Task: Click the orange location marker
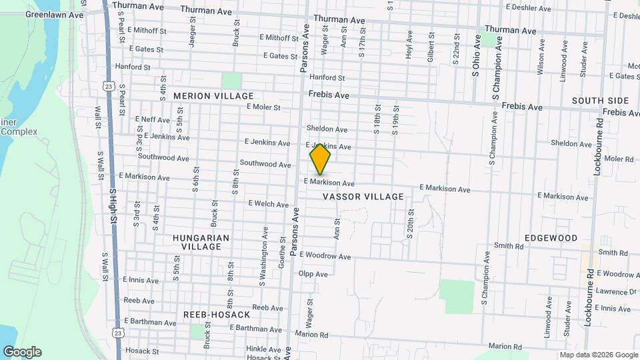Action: [321, 158]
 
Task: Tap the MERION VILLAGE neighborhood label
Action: [205, 96]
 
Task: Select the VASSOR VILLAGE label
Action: [363, 197]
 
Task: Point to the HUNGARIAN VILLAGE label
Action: [201, 242]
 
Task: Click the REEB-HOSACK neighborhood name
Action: [217, 314]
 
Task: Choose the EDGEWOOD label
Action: [551, 238]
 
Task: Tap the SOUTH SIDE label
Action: [600, 101]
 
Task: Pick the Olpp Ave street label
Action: [313, 274]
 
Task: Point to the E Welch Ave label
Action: [268, 204]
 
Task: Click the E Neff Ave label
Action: [153, 119]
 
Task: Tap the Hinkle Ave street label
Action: [263, 349]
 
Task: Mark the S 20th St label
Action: [411, 223]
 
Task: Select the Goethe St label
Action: [282, 256]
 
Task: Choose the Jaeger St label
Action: [192, 33]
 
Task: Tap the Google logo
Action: [22, 352]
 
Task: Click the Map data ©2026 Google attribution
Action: [598, 355]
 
